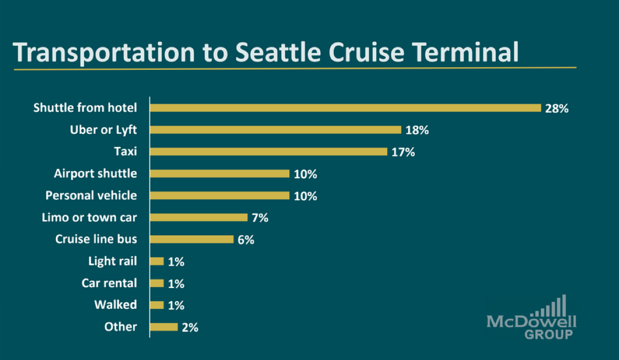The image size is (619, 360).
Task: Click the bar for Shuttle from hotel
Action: pos(346,108)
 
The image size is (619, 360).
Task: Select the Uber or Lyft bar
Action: pos(276,130)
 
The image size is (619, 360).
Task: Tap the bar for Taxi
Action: pos(269,151)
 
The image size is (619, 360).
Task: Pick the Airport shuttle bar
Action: pos(220,173)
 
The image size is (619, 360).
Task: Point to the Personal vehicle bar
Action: pos(220,195)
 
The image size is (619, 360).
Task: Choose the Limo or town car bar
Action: pos(199,217)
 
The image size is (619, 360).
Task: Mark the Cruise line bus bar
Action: pos(191,239)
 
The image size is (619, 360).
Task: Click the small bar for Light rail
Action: pos(157,261)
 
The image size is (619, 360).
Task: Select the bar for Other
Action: pos(164,327)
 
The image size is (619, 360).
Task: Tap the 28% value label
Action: pos(556,108)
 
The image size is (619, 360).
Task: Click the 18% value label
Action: pos(417,130)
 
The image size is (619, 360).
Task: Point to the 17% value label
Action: pos(403,152)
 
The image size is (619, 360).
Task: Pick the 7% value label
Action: pos(260,218)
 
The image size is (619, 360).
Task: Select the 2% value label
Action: pos(190,328)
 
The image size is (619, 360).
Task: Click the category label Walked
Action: pos(116,305)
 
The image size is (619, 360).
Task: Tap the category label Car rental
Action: pos(109,283)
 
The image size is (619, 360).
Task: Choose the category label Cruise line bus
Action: pos(96,239)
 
